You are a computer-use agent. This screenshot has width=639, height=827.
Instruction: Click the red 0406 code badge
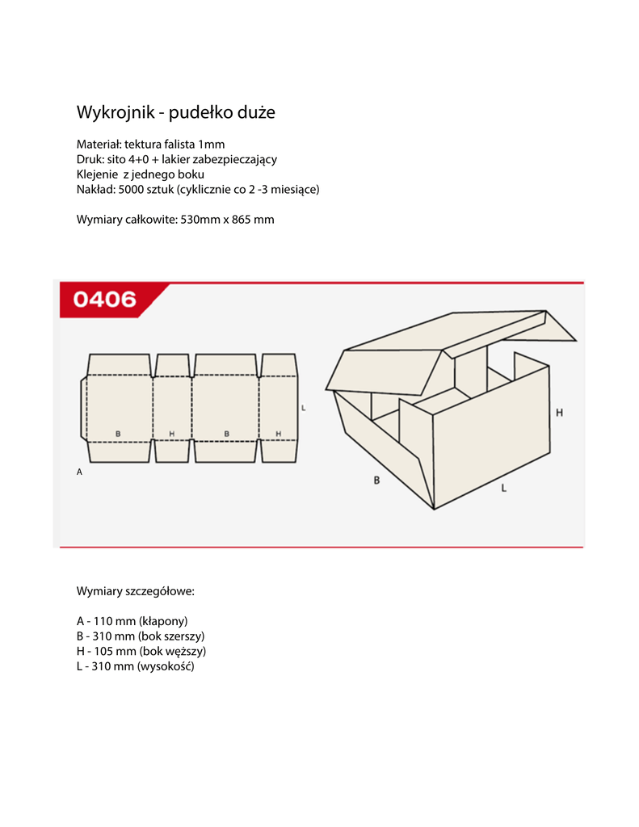pos(105,300)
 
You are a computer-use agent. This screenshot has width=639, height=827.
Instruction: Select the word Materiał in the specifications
pos(98,145)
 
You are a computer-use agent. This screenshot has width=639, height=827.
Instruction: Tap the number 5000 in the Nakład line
pos(132,189)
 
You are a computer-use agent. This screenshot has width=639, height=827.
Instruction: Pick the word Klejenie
pos(97,174)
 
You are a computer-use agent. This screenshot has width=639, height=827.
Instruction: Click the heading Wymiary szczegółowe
pos(135,591)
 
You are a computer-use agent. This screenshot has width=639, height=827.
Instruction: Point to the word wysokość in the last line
pos(166,666)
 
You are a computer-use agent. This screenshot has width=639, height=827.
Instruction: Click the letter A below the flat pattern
pos(79,472)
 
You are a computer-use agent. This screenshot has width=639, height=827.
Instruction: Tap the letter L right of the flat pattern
pos(303,409)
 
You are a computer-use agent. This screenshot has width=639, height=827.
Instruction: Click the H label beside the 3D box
pos(559,413)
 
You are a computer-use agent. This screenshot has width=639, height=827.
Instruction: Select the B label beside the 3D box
pos(376,481)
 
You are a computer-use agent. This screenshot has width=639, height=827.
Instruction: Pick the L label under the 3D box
pos(503,488)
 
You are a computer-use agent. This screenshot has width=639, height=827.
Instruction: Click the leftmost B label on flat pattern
pos(118,434)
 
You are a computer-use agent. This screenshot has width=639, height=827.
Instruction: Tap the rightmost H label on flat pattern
pos(278,434)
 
